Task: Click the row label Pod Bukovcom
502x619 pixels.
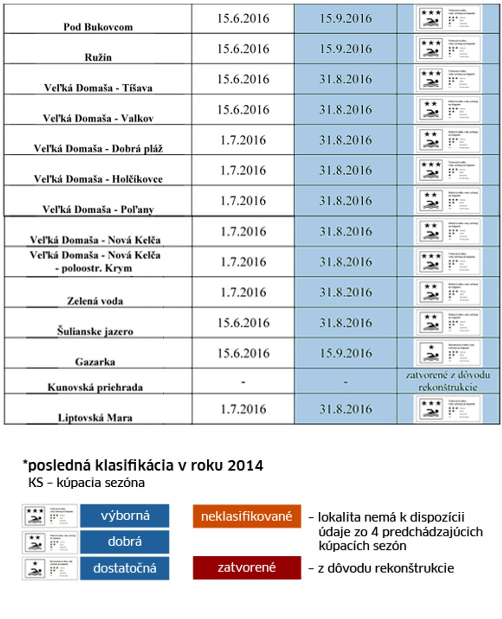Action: (x=98, y=27)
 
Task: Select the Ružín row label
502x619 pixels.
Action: (x=98, y=57)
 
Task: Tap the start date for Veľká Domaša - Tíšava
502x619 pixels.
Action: (x=243, y=79)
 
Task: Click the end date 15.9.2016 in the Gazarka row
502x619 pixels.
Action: (x=346, y=353)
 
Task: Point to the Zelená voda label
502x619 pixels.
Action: (x=95, y=301)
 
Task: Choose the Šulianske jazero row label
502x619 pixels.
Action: (x=95, y=331)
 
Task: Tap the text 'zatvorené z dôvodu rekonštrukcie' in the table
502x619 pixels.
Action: (x=448, y=381)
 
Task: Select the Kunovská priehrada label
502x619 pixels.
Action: (x=95, y=387)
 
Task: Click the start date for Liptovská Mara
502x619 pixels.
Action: (x=243, y=409)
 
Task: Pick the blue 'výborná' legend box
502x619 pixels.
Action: (x=125, y=516)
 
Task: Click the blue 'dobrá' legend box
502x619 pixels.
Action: (x=125, y=542)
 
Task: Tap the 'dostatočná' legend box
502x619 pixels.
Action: (x=125, y=568)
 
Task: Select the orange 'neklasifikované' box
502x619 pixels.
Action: (x=247, y=516)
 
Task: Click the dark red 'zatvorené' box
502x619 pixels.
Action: (x=247, y=568)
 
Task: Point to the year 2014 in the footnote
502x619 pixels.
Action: (x=245, y=465)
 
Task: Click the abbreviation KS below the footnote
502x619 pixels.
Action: (x=36, y=483)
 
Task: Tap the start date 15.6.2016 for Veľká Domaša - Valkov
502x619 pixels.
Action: (x=243, y=109)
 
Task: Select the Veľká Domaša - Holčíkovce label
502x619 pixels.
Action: (x=98, y=179)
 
